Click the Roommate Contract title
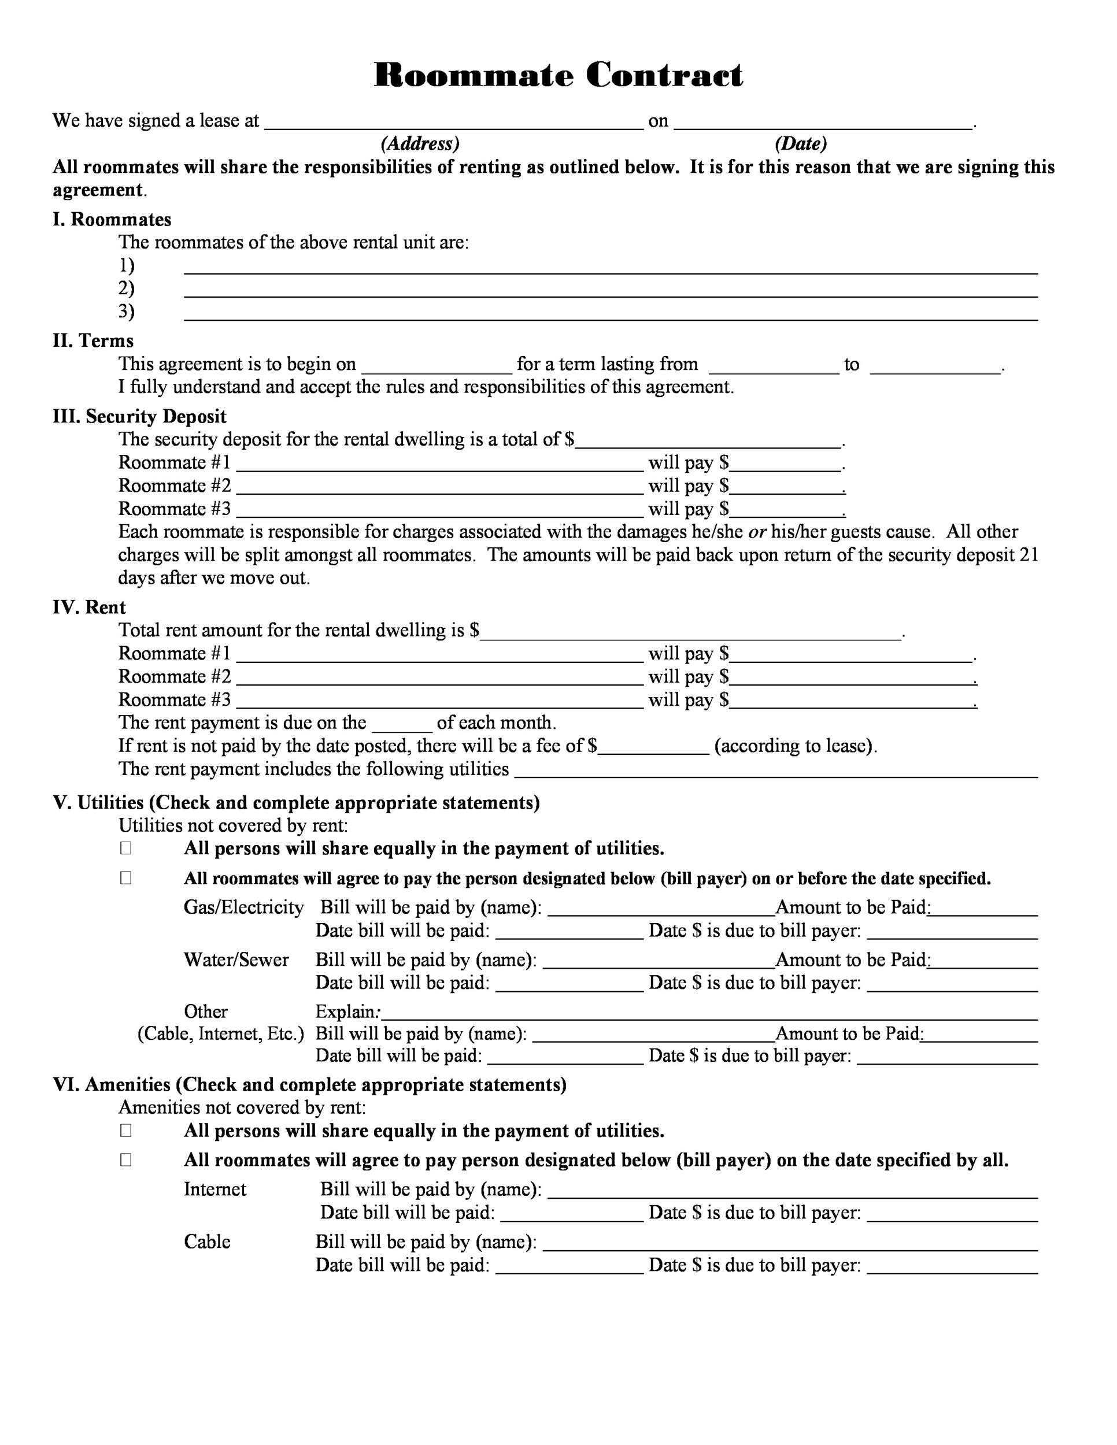[558, 75]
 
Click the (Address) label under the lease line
[420, 143]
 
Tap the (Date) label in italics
[801, 143]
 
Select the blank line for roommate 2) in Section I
[610, 291]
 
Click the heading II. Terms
[93, 341]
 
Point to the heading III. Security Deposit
[140, 416]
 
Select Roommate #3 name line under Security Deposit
[439, 512]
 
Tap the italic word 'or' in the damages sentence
[757, 532]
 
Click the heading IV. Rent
[90, 607]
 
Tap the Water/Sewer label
[236, 959]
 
